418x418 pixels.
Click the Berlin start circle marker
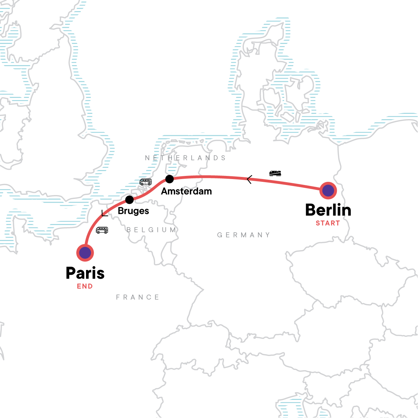tap(328, 191)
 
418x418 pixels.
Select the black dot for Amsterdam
tap(169, 179)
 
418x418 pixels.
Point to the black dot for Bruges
tap(129, 200)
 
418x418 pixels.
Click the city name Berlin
tap(328, 210)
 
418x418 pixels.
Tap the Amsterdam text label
tap(186, 191)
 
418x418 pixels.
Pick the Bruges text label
tap(133, 211)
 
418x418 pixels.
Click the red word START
tap(328, 223)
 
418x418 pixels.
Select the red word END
tap(85, 286)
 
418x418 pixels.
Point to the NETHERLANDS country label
tap(185, 158)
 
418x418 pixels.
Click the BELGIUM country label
tap(151, 230)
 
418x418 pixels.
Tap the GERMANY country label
tap(243, 235)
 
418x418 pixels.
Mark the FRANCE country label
tap(138, 297)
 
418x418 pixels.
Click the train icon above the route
tap(275, 173)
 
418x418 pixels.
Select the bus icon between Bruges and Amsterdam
tap(146, 182)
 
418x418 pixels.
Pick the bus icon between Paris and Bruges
tap(102, 230)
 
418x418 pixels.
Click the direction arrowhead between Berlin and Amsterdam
tap(249, 180)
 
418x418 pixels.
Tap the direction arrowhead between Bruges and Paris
tap(104, 214)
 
